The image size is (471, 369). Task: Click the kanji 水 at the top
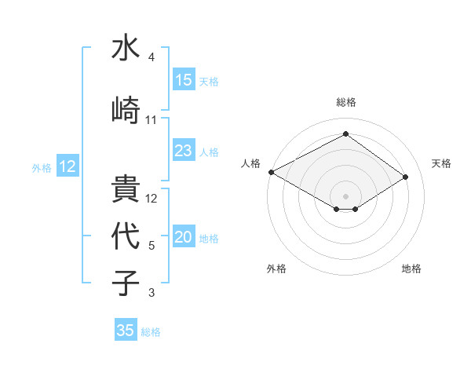[126, 48]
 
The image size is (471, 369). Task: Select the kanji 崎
[126, 109]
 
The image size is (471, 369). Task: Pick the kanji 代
[126, 236]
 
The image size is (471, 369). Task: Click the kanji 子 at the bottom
[126, 282]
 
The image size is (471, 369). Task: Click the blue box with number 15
[184, 80]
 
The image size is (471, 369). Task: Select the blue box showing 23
[184, 151]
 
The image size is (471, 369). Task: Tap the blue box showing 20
[184, 238]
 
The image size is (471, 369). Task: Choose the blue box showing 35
[126, 331]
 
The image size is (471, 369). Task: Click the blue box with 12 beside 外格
[67, 166]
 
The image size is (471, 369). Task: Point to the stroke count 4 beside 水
[151, 57]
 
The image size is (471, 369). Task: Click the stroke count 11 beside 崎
[151, 119]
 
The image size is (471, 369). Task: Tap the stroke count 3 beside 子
[151, 293]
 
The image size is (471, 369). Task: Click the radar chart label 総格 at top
[345, 102]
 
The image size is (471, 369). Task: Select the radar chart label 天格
[442, 163]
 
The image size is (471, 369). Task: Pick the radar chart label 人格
[250, 163]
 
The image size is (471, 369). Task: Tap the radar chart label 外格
[276, 269]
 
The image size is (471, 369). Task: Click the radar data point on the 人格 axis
[271, 172]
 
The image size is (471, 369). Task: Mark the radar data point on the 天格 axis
[406, 176]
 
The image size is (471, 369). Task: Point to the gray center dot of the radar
[345, 195]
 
